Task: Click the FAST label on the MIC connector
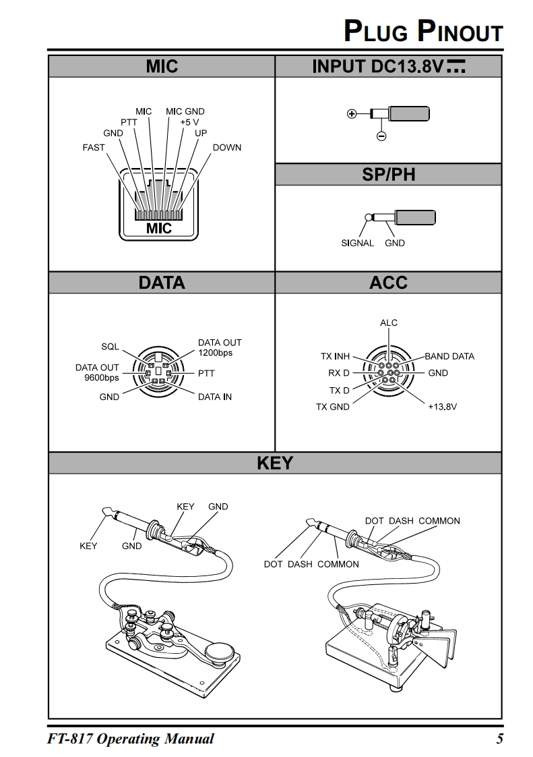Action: tap(94, 147)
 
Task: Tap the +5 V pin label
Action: tap(189, 122)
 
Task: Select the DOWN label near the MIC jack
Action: tap(226, 147)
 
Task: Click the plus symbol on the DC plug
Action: tap(350, 113)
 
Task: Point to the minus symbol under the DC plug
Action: tap(381, 136)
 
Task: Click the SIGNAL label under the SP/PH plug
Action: tap(357, 243)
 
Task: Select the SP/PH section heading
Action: tap(389, 175)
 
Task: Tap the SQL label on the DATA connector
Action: tap(110, 346)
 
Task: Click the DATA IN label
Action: tap(215, 397)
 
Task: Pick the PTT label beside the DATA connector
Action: tap(206, 372)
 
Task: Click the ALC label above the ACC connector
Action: tap(389, 323)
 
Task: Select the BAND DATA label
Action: tap(449, 356)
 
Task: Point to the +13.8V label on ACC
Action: tap(443, 407)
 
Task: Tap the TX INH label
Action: tap(335, 356)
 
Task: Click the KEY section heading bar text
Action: tap(275, 463)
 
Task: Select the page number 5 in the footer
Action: tap(499, 739)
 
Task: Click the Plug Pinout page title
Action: tap(423, 32)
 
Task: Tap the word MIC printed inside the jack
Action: tap(159, 228)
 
